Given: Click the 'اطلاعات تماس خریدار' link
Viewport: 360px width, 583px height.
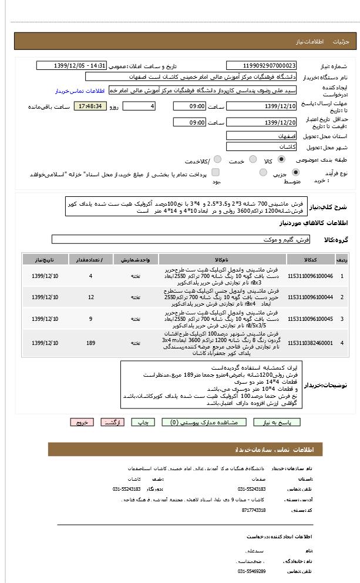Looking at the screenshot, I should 80,91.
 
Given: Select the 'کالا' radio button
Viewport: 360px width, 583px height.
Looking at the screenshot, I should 281,159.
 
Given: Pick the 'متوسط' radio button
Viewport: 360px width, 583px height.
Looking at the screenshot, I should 262,173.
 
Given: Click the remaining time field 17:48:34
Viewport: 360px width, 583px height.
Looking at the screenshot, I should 90,106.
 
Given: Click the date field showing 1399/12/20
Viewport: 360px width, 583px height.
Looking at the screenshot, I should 261,122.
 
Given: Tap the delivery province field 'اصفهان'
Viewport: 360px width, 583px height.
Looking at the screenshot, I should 261,135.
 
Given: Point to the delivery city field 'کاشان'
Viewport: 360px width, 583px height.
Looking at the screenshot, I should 261,147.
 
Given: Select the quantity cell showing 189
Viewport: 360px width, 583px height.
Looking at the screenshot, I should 90,343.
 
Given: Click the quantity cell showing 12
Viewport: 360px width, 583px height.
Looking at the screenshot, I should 90,297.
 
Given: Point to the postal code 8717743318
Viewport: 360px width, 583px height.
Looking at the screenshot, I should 253,510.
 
